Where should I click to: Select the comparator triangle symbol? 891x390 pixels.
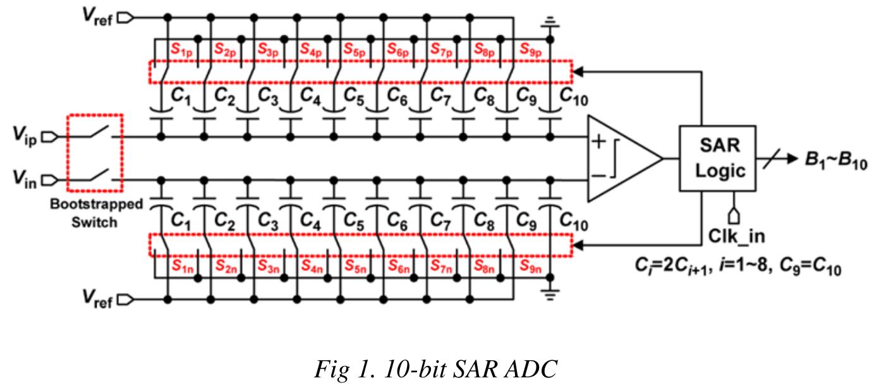[x=622, y=159]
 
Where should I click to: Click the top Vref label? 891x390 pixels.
[x=97, y=17]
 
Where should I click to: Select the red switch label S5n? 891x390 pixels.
[x=355, y=266]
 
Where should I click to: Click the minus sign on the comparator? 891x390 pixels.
[x=597, y=174]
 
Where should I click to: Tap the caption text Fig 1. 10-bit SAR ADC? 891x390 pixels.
[x=435, y=369]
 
